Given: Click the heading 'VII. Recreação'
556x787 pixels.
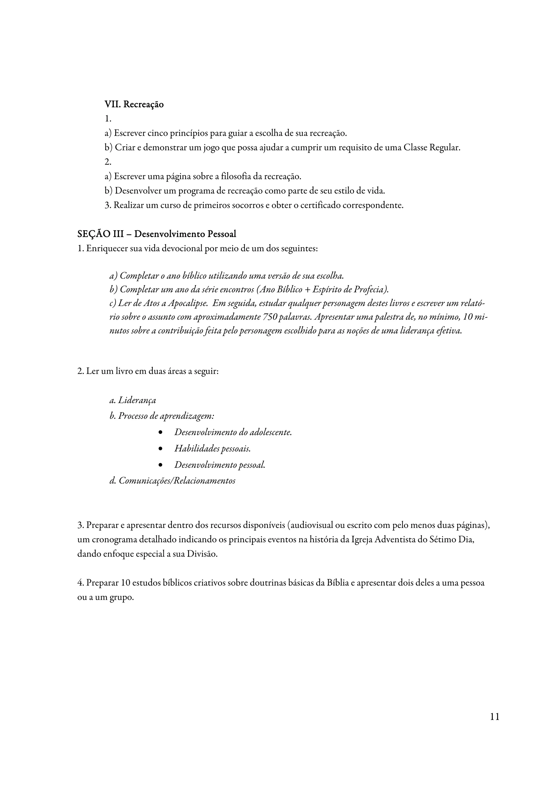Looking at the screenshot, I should tap(134, 104).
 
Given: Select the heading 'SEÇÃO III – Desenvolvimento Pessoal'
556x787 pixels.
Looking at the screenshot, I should tap(157, 234).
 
